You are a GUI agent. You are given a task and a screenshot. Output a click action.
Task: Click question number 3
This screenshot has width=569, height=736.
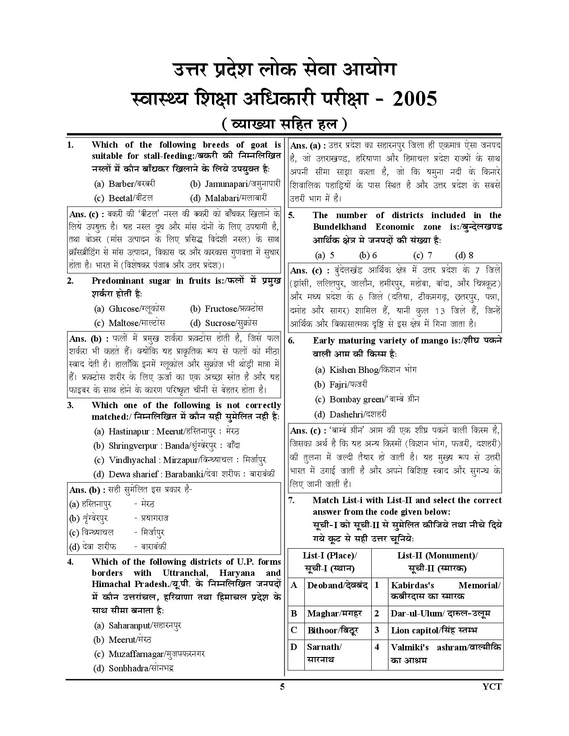[x=71, y=405]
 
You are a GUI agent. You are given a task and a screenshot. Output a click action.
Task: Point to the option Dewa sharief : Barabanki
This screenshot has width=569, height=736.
[x=184, y=474]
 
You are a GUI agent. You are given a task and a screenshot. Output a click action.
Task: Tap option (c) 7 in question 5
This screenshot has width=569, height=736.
[x=423, y=256]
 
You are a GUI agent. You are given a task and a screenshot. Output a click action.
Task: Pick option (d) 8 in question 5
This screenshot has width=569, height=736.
[x=464, y=256]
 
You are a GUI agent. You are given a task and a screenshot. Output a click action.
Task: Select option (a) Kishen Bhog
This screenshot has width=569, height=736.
[x=365, y=370]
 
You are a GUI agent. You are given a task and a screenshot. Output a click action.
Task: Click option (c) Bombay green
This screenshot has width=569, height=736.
[x=367, y=399]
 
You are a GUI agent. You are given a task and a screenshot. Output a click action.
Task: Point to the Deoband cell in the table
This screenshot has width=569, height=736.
[x=337, y=585]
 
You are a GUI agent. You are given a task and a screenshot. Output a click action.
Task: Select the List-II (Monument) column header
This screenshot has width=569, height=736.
[x=437, y=562]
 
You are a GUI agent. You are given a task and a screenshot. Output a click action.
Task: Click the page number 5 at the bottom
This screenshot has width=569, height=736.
[x=282, y=686]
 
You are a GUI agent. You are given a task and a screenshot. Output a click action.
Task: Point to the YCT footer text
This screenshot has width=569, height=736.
[x=493, y=686]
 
